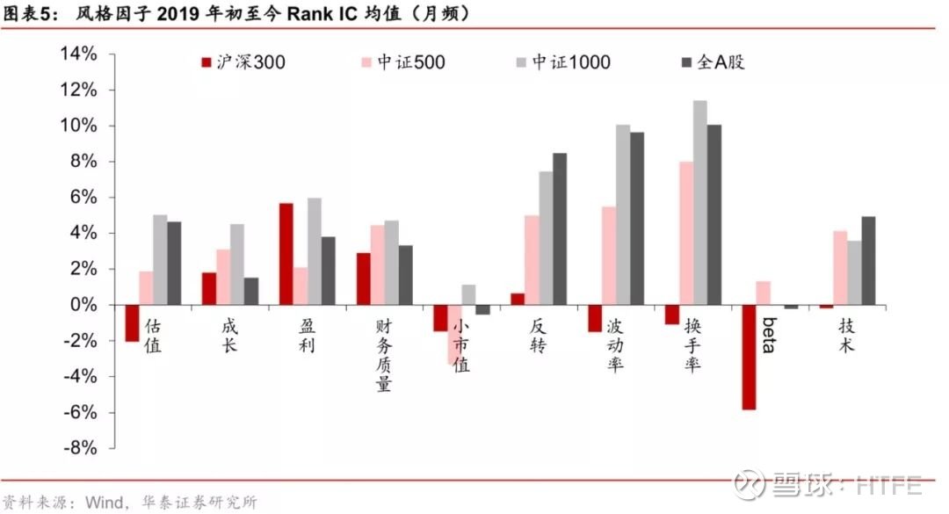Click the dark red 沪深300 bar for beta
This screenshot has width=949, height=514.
pos(749,358)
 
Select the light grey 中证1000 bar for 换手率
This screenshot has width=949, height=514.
pos(699,203)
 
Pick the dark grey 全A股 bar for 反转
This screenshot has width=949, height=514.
pos(560,228)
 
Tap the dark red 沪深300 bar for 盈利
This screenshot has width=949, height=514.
pos(286,254)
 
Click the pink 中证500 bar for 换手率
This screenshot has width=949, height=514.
pos(685,233)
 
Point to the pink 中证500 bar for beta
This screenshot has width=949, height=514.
pos(764,293)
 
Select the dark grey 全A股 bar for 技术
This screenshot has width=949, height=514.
pos(868,260)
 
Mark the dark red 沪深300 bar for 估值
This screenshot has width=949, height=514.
pos(132,322)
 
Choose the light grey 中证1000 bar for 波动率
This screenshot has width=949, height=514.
pos(623,215)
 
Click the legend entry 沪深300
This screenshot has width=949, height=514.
pos(243,62)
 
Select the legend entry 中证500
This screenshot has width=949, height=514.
pos(403,62)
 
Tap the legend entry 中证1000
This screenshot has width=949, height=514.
pos(563,62)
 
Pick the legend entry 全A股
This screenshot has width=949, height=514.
pos(713,62)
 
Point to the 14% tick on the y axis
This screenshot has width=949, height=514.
pos(112,54)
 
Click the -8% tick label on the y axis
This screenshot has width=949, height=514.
pos(80,449)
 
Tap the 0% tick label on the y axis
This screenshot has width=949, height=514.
pos(83,305)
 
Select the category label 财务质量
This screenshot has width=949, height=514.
pos(384,355)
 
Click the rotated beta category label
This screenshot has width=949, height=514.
pos(769,335)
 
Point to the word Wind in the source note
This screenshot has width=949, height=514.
pos(104,502)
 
